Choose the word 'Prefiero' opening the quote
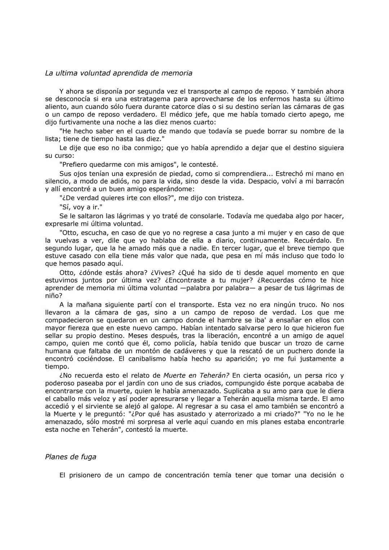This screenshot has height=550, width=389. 74,164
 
